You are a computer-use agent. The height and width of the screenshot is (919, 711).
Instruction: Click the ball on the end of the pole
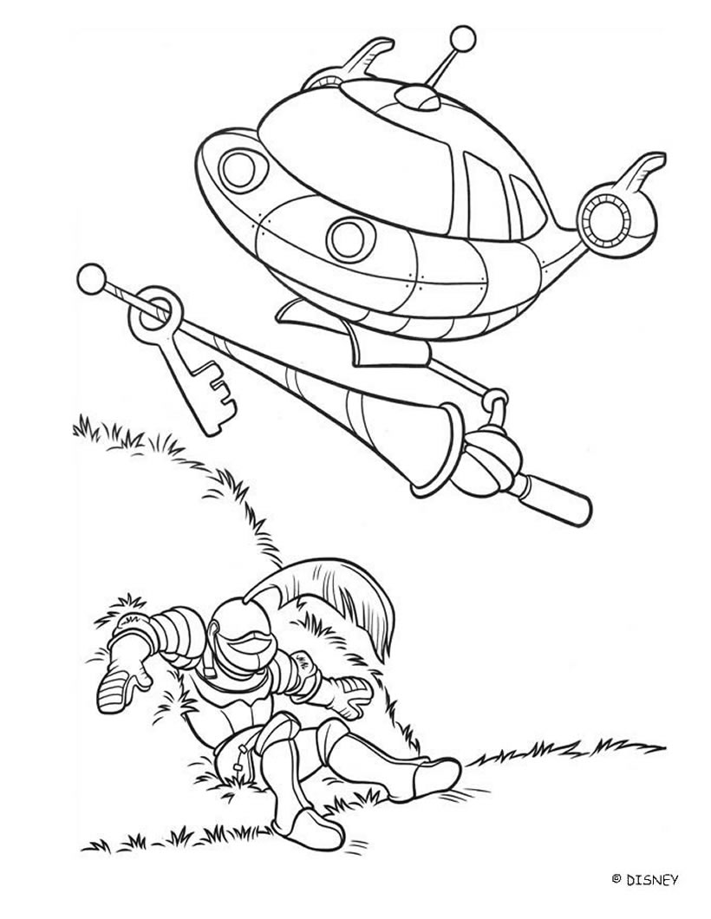[89, 277]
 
